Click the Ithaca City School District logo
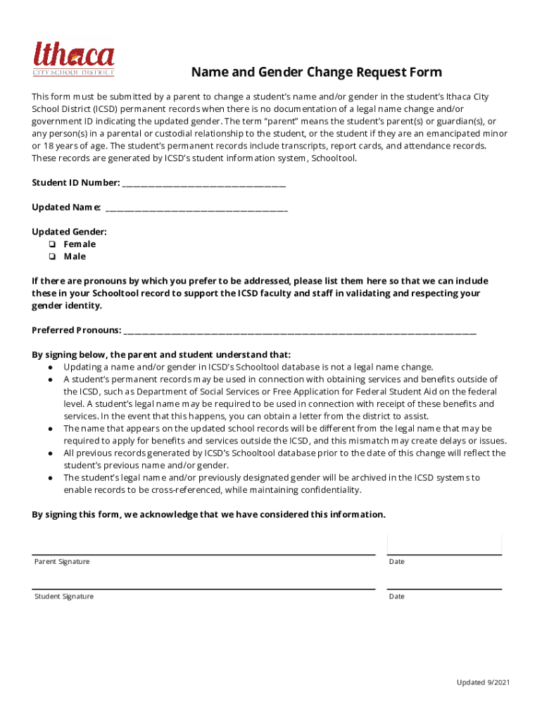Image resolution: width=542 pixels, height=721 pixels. [x=73, y=58]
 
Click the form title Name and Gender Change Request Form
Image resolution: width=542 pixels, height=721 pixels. [x=317, y=73]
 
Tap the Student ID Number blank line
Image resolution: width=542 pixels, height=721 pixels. [x=203, y=184]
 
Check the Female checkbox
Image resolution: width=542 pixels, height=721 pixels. [x=53, y=244]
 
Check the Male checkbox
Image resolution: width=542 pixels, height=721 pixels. [x=53, y=257]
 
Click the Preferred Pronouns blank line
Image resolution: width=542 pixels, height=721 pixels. [x=300, y=331]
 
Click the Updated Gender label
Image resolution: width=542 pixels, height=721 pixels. [x=69, y=232]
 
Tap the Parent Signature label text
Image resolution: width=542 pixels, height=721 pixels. [x=62, y=562]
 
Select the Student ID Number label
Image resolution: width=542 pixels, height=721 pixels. [x=75, y=183]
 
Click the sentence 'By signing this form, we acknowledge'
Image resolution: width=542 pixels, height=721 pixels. [x=208, y=515]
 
